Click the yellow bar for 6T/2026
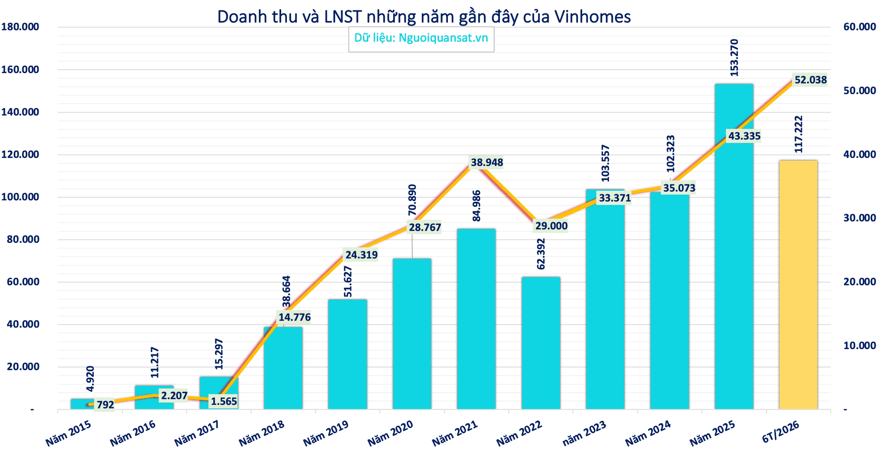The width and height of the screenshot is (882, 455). click(798, 285)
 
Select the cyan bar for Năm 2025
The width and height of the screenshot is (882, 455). click(734, 247)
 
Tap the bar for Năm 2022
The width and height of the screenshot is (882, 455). click(540, 343)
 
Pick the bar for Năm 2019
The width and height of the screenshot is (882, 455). click(348, 354)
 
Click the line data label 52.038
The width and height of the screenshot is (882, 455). click(811, 80)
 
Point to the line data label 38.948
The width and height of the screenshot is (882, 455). click(487, 163)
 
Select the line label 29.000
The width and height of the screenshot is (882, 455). click(551, 226)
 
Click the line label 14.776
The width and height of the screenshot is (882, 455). click(294, 318)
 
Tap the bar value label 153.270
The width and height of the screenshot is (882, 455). click(734, 58)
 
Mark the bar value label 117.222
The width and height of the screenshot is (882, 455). click(798, 134)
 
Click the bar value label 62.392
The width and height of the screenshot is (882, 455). click(541, 254)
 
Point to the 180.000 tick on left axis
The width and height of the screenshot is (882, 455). click(20, 27)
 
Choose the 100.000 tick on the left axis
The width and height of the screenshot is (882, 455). click(20, 197)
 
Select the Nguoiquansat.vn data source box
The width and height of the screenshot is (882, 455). click(421, 39)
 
